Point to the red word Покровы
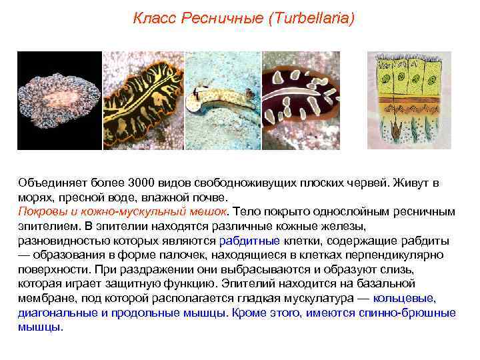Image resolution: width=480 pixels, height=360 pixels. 39,211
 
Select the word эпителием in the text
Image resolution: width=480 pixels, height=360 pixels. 42,226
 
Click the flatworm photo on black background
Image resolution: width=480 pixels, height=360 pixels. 59,101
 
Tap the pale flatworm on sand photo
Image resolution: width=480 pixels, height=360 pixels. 221,101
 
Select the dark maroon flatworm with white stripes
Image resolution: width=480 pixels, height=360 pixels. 303,101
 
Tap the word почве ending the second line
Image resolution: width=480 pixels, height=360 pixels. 211,197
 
